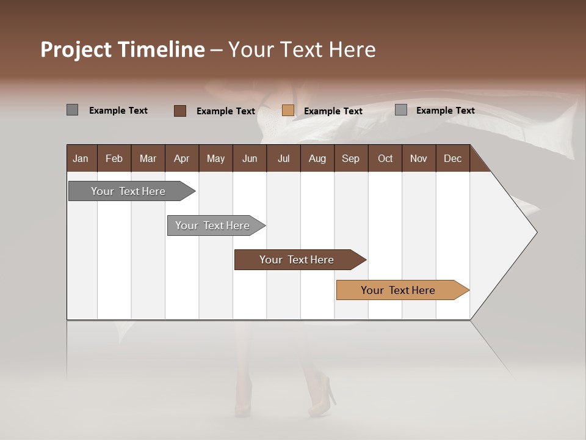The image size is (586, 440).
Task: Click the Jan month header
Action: (x=81, y=158)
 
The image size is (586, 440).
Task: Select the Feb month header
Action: (x=114, y=158)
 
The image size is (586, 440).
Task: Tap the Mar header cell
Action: (x=148, y=158)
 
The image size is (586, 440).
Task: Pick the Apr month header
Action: (x=182, y=158)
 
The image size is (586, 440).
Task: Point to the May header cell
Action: (x=215, y=158)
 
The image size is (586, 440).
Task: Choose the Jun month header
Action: (x=250, y=158)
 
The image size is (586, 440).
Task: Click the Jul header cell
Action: (x=283, y=158)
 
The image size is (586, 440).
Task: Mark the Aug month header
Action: (x=317, y=158)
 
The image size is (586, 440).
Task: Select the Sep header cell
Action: (x=351, y=158)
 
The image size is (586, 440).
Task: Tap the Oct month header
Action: (x=385, y=158)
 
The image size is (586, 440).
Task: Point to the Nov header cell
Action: (x=419, y=158)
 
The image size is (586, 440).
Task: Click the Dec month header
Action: (x=453, y=158)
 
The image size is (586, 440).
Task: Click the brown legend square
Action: (x=180, y=111)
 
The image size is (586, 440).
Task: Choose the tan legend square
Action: (x=288, y=111)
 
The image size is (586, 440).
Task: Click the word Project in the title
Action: (x=76, y=50)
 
